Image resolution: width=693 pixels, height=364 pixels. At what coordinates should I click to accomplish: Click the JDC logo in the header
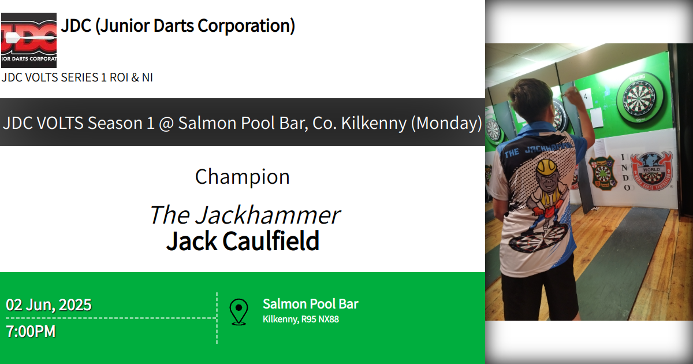(29, 40)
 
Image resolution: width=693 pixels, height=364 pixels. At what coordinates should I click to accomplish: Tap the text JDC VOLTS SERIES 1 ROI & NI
(77, 77)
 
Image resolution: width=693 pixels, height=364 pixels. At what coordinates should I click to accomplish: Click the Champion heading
(242, 177)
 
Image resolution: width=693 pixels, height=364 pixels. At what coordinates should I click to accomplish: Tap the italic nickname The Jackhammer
(244, 215)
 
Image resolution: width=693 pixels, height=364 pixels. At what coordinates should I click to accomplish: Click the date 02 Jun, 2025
(49, 304)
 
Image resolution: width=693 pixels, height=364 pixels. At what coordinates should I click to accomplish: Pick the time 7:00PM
(31, 332)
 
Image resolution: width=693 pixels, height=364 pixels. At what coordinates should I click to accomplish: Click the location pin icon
(239, 312)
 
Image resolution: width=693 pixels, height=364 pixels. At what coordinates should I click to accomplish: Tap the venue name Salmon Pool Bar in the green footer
(310, 304)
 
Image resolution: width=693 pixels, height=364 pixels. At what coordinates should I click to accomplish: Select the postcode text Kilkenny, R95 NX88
(300, 319)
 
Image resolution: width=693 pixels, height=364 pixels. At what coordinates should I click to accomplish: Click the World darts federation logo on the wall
(651, 172)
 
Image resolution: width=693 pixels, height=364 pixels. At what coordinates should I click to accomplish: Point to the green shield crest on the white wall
(602, 173)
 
